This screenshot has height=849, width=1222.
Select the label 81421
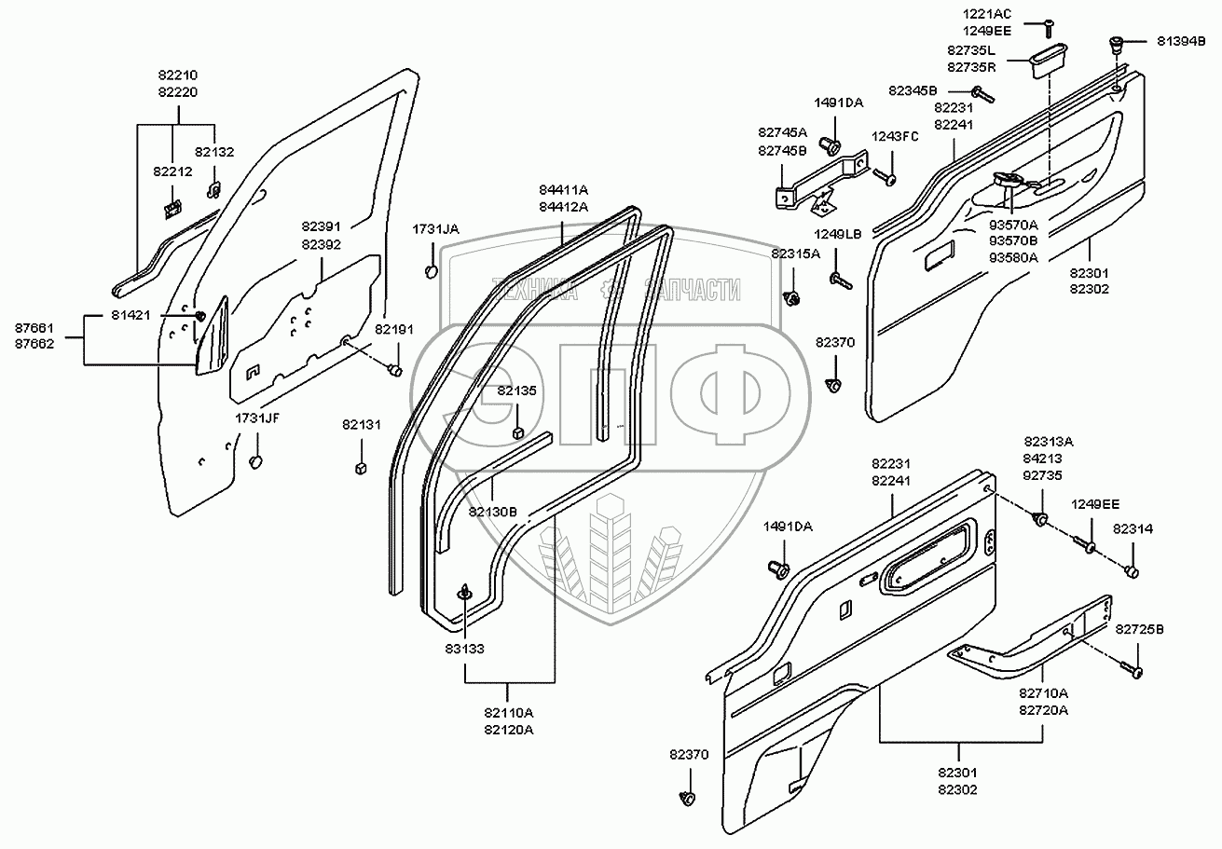click(x=130, y=316)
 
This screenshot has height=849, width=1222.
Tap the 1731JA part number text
click(x=436, y=228)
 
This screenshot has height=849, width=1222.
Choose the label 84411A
click(x=563, y=190)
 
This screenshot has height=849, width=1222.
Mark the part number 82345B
click(x=913, y=90)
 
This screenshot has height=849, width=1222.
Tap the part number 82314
click(x=1133, y=528)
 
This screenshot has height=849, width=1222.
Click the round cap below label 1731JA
click(x=432, y=271)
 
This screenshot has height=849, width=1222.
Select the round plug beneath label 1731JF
click(x=256, y=462)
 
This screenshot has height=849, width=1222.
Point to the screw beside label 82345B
click(x=982, y=93)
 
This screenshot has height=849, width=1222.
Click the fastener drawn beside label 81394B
click(x=1118, y=44)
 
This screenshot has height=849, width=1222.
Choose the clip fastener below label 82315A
click(x=794, y=298)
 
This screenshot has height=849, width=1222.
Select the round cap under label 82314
click(x=1133, y=570)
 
